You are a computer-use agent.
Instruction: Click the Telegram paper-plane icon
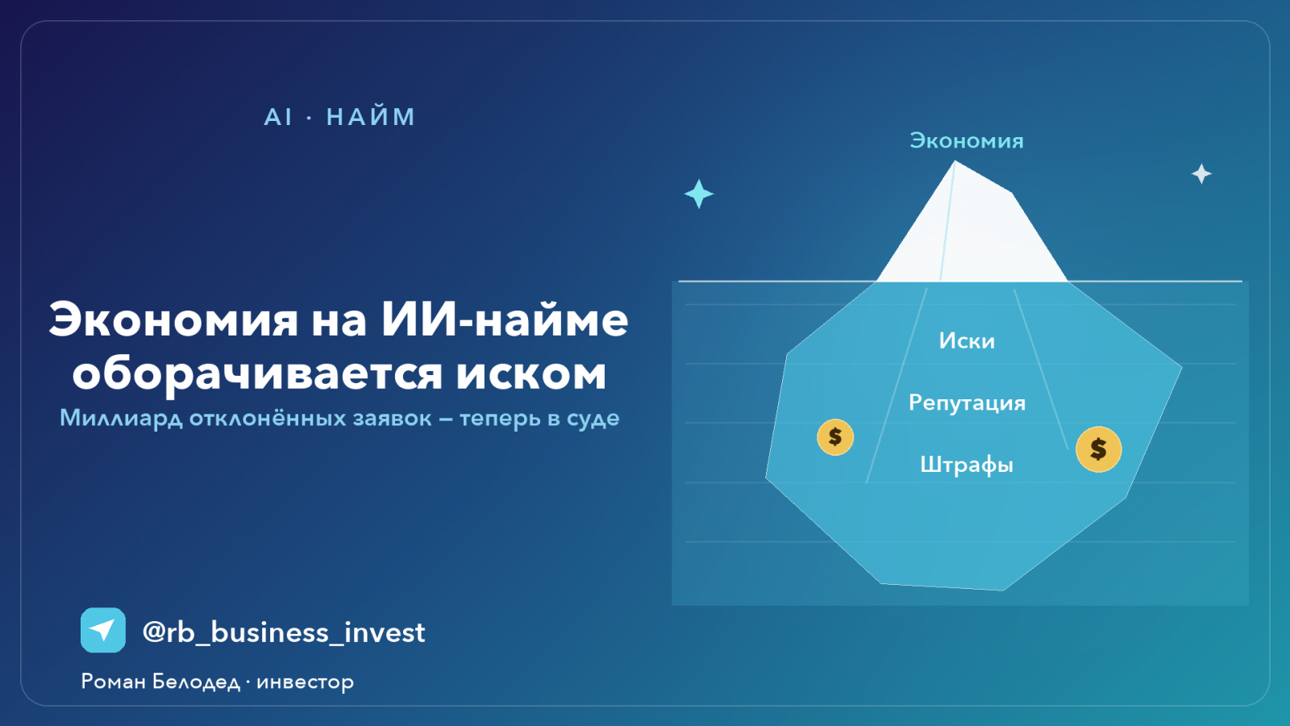pyautogui.click(x=103, y=630)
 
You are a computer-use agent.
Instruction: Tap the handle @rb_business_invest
pyautogui.click(x=283, y=632)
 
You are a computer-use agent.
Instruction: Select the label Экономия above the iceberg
pyautogui.click(x=967, y=140)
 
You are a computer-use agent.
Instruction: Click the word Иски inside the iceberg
pyautogui.click(x=967, y=340)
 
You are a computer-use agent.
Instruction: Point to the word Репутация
pyautogui.click(x=967, y=403)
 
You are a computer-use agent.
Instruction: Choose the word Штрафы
pyautogui.click(x=967, y=465)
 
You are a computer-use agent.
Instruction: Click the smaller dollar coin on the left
pyautogui.click(x=835, y=437)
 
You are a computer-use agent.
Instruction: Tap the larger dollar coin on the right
pyautogui.click(x=1098, y=449)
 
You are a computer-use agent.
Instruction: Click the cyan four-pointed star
pyautogui.click(x=699, y=194)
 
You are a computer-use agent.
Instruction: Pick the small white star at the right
pyautogui.click(x=1201, y=173)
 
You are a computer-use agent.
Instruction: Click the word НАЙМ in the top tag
pyautogui.click(x=370, y=117)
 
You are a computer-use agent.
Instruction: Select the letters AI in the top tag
pyautogui.click(x=278, y=117)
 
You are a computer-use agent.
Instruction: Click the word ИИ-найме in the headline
pyautogui.click(x=505, y=320)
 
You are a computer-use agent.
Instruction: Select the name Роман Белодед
pyautogui.click(x=160, y=682)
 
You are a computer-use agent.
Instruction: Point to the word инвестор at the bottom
pyautogui.click(x=306, y=682)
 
